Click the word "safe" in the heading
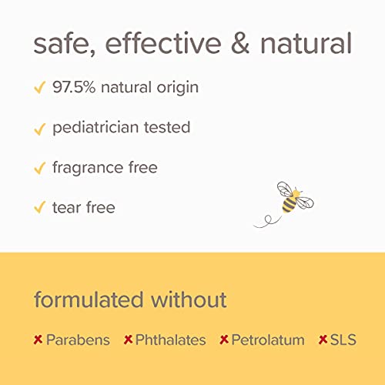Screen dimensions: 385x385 [61, 44]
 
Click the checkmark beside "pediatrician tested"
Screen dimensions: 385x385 [39, 128]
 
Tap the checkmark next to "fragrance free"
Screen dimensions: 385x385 [39, 168]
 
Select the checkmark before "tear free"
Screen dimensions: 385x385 [39, 208]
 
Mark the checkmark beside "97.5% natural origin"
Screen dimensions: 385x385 [39, 88]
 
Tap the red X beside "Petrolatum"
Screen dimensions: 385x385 [224, 340]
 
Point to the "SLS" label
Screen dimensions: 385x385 [344, 340]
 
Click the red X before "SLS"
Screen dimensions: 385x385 [323, 340]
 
